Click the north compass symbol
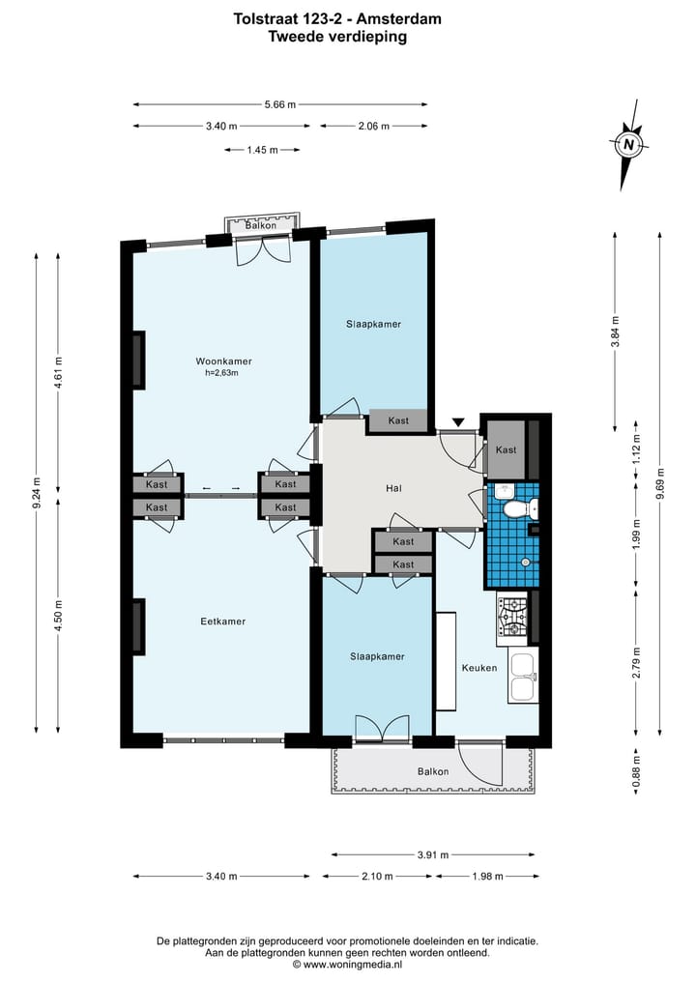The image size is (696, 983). pos(629,145)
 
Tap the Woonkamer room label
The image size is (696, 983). pos(224,361)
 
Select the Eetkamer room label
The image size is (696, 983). pos(222,622)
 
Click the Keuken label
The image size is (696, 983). pos(479,668)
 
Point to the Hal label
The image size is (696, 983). pos(393,488)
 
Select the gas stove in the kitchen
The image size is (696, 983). pos(513,617)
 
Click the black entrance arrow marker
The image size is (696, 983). pos(459,422)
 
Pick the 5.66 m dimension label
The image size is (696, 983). pos(279,104)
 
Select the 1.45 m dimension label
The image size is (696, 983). pos(262,150)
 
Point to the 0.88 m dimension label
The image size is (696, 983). pos(636,771)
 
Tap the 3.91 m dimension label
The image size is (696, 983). pos(433,854)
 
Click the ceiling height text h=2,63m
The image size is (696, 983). pos(221,373)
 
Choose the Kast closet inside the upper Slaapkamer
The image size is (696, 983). pos(398,420)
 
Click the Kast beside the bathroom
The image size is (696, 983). pos(506,449)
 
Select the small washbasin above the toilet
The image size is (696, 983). pos(505,491)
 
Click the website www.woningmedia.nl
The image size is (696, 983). pos(353,965)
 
